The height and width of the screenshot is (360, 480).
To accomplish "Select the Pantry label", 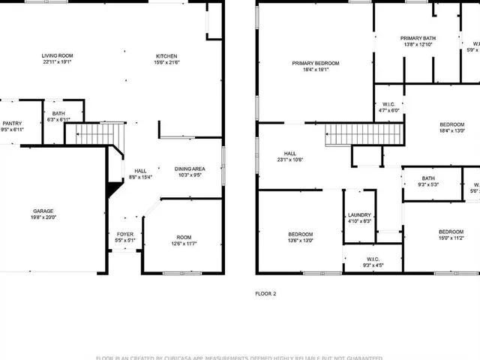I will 12,124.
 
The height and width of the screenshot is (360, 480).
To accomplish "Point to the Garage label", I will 43,211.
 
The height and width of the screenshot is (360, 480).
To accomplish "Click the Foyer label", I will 124,234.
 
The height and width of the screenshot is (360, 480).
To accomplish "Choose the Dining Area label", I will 190,169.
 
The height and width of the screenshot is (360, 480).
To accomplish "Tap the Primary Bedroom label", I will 316,63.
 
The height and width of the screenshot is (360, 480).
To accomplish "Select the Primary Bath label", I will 418,38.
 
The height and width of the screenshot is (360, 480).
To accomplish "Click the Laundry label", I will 359,215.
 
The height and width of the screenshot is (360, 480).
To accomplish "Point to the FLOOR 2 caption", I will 265,293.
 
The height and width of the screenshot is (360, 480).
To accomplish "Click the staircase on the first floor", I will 94,135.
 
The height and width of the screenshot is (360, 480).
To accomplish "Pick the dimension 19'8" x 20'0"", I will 43,218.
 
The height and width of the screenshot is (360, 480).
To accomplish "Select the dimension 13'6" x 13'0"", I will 301,241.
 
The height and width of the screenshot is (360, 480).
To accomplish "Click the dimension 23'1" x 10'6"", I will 289,159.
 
